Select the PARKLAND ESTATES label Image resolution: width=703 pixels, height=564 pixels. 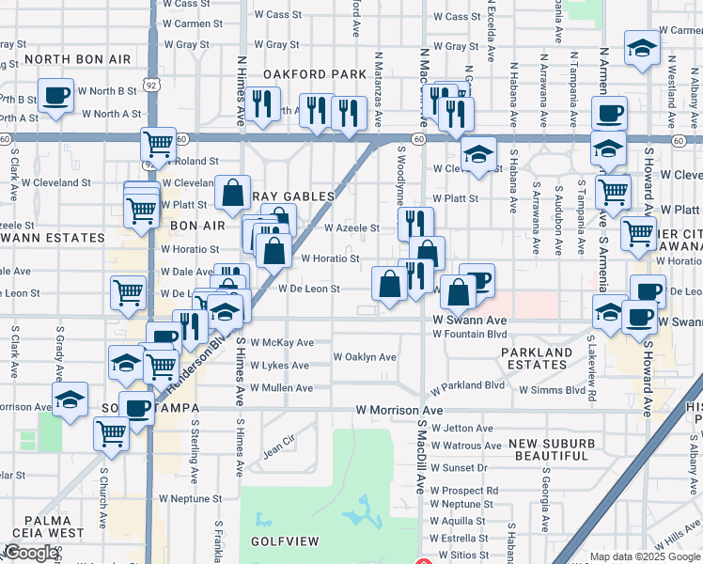coord(537,358)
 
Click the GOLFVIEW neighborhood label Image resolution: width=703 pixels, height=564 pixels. coord(284,542)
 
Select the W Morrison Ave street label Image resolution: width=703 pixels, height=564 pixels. coord(398,411)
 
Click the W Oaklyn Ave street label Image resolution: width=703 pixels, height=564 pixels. coord(365,357)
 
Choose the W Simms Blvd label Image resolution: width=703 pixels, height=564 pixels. coord(552,389)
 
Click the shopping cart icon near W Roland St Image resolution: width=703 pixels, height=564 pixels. coord(158,144)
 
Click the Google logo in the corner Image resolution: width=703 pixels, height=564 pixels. coord(30,553)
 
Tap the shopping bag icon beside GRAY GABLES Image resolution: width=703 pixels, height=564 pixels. coord(231,193)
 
